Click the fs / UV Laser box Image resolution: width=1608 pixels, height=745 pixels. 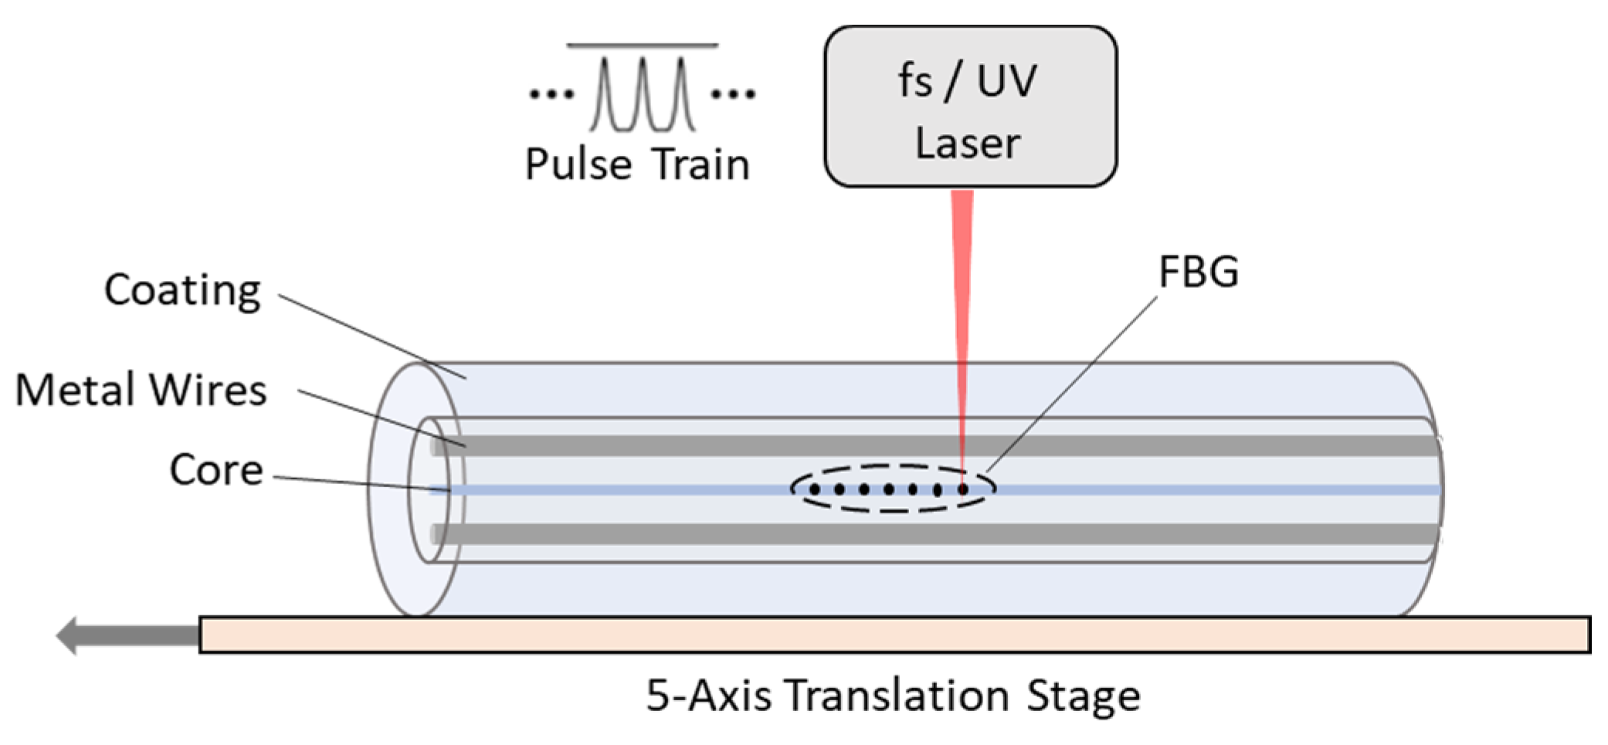(970, 107)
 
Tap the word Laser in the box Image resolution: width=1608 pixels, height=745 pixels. (968, 144)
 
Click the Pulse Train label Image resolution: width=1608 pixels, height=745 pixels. (637, 164)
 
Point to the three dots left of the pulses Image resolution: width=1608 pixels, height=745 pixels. (551, 94)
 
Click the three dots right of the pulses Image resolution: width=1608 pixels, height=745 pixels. (733, 94)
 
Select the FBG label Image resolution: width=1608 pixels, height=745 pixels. (1198, 272)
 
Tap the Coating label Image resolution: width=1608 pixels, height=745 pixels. (182, 290)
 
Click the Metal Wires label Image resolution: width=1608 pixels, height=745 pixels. (141, 390)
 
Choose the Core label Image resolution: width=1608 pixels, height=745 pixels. (216, 469)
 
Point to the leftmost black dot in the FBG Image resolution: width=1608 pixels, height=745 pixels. (814, 489)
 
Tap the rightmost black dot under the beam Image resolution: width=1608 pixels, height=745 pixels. (962, 489)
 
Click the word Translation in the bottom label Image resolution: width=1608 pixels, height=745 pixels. (897, 696)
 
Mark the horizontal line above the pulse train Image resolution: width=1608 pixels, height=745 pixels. (643, 46)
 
